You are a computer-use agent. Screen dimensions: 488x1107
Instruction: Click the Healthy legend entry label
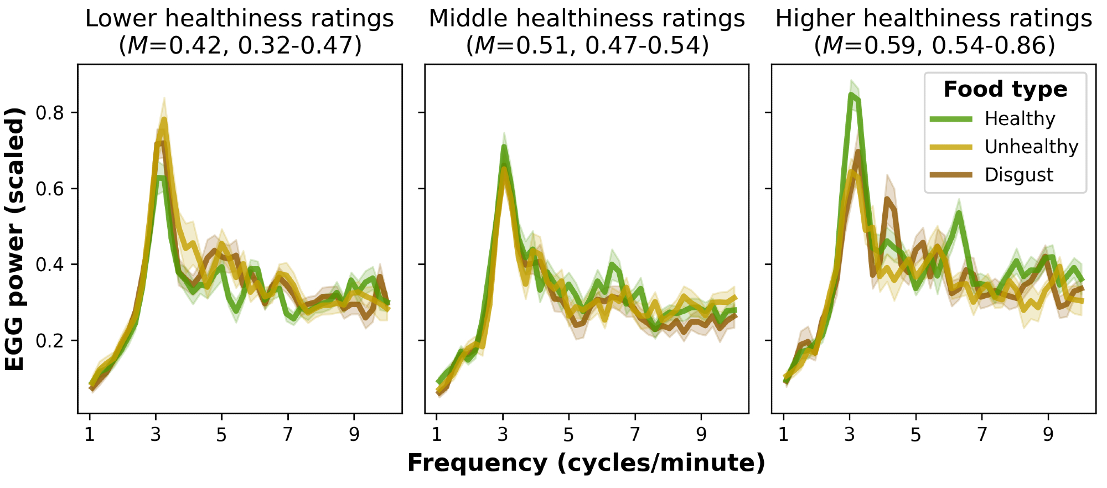(x=1020, y=119)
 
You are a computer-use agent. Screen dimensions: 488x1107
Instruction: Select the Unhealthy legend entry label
(x=1031, y=147)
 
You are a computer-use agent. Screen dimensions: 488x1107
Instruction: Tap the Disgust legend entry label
(x=1018, y=175)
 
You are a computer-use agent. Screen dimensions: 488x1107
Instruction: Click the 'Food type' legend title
(x=1005, y=90)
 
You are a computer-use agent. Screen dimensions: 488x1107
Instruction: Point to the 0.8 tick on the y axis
(x=50, y=113)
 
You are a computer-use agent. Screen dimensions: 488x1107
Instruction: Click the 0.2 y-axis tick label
(x=50, y=341)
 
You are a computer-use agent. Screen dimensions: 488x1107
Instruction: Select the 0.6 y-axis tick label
(x=50, y=189)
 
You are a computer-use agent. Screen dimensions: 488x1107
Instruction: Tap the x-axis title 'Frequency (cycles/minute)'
(x=586, y=463)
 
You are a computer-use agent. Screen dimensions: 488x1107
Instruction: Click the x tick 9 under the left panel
(x=354, y=435)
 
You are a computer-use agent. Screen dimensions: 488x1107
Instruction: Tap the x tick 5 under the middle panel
(x=568, y=435)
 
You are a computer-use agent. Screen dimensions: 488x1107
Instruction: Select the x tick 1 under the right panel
(x=783, y=435)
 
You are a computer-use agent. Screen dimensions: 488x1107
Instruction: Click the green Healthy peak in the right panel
(x=851, y=95)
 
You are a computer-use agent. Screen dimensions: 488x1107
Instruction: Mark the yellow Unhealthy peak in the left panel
(x=164, y=120)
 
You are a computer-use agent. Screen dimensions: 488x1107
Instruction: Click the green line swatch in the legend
(x=951, y=119)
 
